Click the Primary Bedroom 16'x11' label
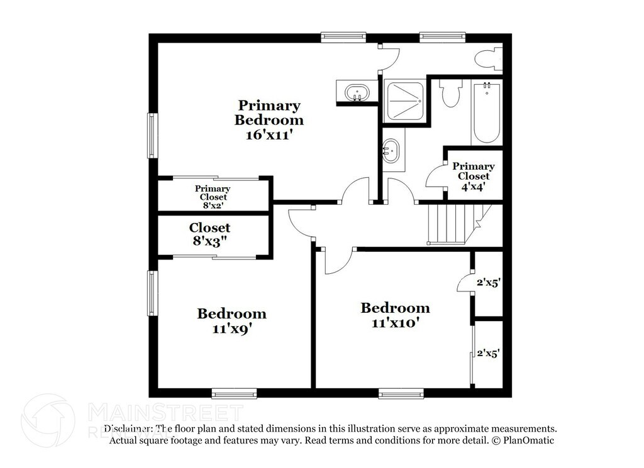pyautogui.click(x=269, y=119)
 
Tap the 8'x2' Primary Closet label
pyautogui.click(x=212, y=197)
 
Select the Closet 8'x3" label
pyautogui.click(x=209, y=235)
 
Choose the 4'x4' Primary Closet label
pyautogui.click(x=473, y=176)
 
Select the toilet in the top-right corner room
pyautogui.click(x=487, y=60)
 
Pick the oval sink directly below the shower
pyautogui.click(x=392, y=151)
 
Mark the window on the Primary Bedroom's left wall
pyautogui.click(x=152, y=134)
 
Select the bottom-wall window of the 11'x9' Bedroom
pyautogui.click(x=234, y=393)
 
